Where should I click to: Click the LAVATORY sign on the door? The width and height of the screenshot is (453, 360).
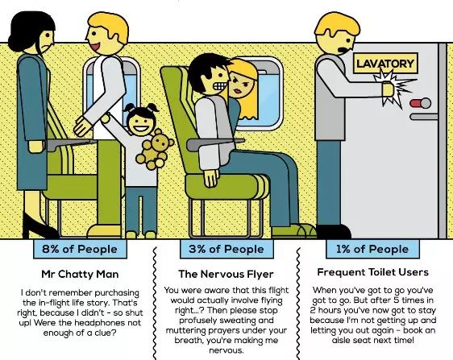click(385, 64)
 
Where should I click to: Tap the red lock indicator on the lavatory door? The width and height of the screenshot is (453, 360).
click(415, 103)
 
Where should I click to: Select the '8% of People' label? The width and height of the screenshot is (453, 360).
click(80, 249)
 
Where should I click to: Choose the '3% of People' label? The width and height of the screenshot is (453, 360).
click(226, 249)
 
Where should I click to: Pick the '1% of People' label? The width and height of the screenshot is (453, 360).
click(372, 249)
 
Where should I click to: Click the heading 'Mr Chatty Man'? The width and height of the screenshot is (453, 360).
click(80, 275)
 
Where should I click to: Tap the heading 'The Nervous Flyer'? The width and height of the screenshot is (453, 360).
click(226, 274)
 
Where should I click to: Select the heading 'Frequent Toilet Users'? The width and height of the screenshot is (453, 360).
click(372, 272)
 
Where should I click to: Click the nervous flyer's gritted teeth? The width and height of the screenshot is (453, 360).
click(220, 86)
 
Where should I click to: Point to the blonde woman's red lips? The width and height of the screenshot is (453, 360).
click(239, 91)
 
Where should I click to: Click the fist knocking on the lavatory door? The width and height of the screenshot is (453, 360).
click(388, 89)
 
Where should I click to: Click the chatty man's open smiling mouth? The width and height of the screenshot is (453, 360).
click(96, 46)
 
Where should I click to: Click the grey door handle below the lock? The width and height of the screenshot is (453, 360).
click(424, 117)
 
